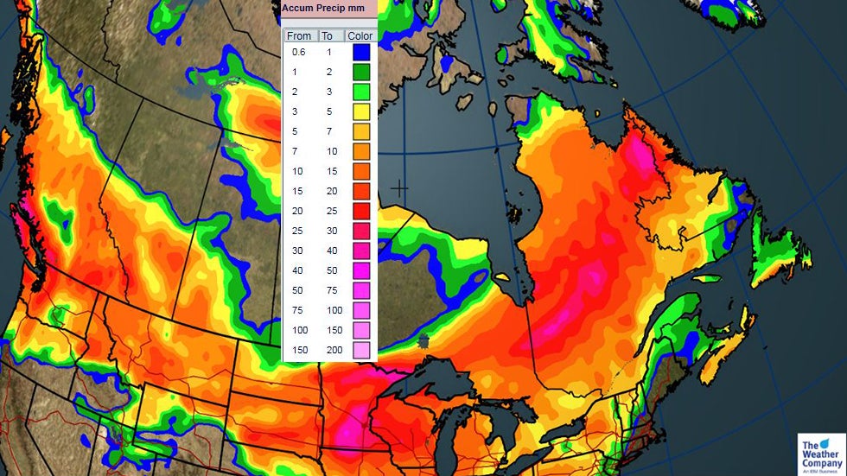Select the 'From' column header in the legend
point(299,35)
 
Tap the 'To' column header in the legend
point(328,35)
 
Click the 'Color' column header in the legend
point(360,35)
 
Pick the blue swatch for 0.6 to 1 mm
point(361,52)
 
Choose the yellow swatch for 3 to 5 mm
point(361,111)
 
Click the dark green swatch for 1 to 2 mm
point(361,72)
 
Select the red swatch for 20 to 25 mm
point(361,211)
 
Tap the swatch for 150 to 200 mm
point(361,350)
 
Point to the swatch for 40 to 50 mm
point(361,270)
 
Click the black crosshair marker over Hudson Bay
point(399,187)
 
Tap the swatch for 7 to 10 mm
point(361,151)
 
